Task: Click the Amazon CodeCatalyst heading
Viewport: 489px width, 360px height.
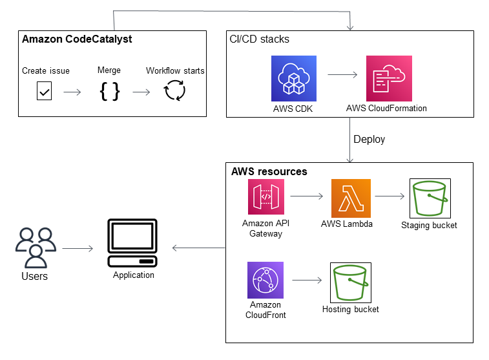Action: [77, 39]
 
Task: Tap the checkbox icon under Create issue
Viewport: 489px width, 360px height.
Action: [44, 92]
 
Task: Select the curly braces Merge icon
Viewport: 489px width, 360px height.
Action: [109, 92]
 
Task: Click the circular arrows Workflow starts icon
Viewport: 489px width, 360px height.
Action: [175, 91]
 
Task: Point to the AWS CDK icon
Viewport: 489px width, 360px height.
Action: [293, 78]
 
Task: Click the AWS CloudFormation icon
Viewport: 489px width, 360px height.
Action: [388, 78]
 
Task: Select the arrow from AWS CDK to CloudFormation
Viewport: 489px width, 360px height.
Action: [342, 75]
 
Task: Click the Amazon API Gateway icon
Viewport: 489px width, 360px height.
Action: [266, 197]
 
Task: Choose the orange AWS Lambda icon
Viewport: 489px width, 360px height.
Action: [351, 198]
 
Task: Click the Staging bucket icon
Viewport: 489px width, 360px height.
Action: [430, 198]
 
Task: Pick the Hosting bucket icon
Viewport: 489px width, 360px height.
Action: [350, 282]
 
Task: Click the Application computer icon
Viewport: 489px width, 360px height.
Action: [133, 244]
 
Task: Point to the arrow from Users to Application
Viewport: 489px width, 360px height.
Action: [78, 248]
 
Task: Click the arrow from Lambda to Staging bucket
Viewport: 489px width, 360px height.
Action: [390, 195]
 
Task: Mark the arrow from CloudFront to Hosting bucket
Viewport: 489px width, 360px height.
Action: [307, 281]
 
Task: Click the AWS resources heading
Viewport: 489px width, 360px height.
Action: [269, 172]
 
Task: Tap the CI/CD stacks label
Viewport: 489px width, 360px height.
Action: [260, 39]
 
